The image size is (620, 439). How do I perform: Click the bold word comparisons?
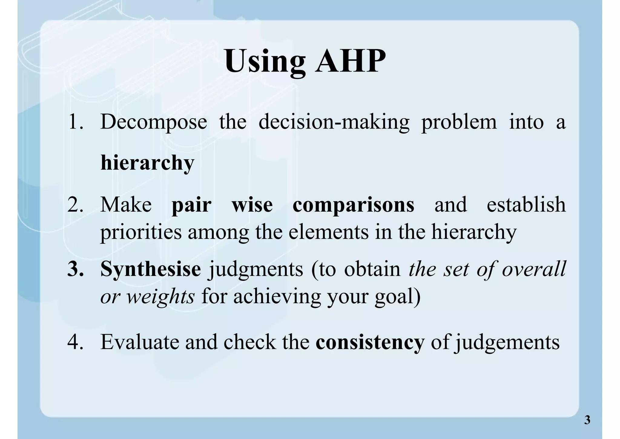[353, 205]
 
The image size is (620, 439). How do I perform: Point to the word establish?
[526, 205]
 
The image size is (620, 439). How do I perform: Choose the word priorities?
[141, 233]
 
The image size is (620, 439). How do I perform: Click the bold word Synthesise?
[150, 269]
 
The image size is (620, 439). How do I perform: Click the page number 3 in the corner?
[587, 420]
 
